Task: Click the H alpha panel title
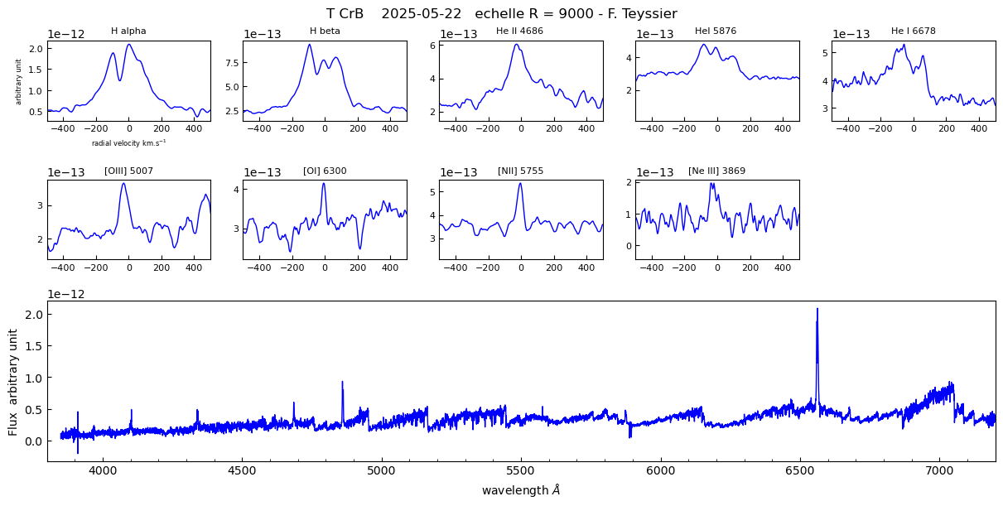point(128,31)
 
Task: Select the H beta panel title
point(325,31)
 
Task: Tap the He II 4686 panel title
point(520,31)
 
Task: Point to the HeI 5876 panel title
point(716,31)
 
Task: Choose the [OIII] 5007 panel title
point(128,171)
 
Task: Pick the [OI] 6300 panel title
point(325,171)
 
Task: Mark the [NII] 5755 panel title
point(520,171)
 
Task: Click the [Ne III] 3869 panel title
point(716,171)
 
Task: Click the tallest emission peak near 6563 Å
point(817,309)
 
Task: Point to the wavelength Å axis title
point(521,490)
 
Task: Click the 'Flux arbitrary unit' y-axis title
point(13,382)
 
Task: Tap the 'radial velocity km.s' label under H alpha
point(128,142)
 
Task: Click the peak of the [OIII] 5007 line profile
point(123,183)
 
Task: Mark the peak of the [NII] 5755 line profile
point(520,183)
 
